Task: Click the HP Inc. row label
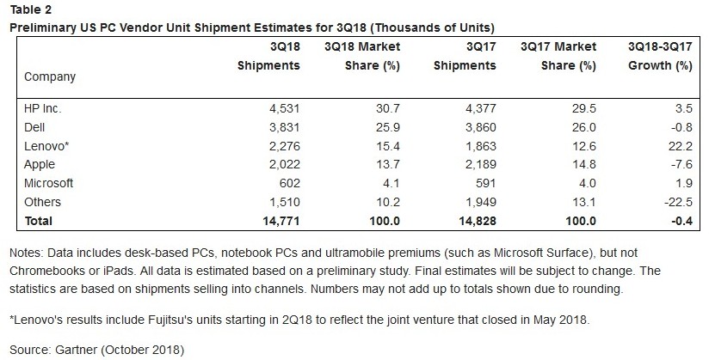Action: (42, 109)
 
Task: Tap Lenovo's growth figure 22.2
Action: (681, 146)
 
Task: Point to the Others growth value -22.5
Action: (677, 202)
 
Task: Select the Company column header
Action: (50, 77)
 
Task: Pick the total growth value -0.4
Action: (680, 221)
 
